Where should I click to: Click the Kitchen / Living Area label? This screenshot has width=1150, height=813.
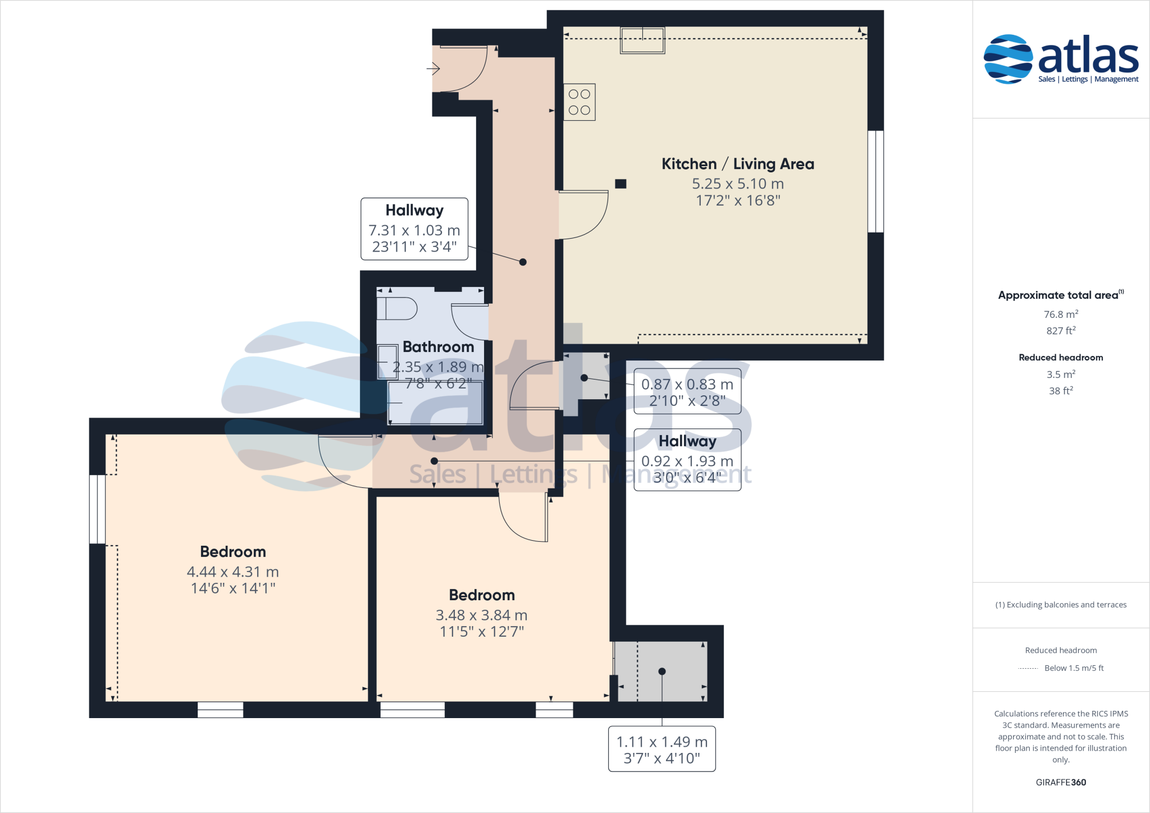click(x=737, y=164)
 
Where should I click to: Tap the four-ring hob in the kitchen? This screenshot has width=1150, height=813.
click(x=579, y=102)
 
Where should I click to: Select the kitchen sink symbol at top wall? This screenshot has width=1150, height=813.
click(x=642, y=40)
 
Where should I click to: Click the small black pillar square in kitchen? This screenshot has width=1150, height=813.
click(x=620, y=184)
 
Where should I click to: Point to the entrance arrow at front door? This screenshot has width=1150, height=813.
click(x=433, y=69)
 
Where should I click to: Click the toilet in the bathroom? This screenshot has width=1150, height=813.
click(x=398, y=309)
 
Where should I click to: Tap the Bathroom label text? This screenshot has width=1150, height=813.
click(x=438, y=347)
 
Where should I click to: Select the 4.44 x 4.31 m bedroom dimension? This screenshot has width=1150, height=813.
click(x=232, y=572)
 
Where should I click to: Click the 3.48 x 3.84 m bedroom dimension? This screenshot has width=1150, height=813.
click(x=481, y=615)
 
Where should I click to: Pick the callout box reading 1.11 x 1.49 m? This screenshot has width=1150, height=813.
click(x=661, y=750)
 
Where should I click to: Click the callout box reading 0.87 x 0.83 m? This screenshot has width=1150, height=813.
click(x=687, y=392)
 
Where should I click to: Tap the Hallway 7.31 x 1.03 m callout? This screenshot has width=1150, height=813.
click(x=414, y=229)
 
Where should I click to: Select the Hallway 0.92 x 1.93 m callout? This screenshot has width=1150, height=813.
click(x=687, y=460)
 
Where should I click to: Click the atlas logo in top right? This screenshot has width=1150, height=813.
click(x=1061, y=59)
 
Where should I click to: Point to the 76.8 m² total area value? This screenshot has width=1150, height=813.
click(x=1060, y=314)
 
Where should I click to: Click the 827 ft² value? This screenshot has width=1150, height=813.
click(x=1060, y=331)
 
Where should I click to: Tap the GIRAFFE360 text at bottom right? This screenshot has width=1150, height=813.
click(x=1060, y=782)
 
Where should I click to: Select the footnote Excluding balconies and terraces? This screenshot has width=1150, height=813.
click(x=1060, y=605)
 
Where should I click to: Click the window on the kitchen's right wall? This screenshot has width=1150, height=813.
click(x=875, y=181)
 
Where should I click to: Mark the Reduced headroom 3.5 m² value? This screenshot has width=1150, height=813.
click(x=1060, y=374)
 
